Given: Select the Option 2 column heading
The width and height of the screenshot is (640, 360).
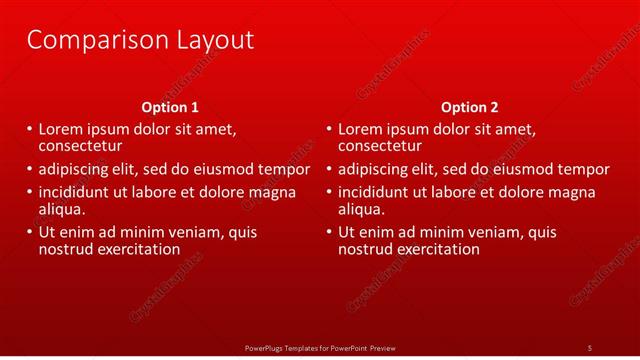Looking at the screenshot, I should click(x=469, y=107).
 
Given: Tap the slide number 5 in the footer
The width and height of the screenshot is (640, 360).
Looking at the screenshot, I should click(x=589, y=347).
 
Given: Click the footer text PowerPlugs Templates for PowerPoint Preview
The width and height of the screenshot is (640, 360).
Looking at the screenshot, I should click(x=320, y=347).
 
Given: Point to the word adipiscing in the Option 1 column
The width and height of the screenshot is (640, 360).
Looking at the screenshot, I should click(x=77, y=169).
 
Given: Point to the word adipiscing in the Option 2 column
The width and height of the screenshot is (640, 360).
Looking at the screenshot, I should click(x=377, y=169).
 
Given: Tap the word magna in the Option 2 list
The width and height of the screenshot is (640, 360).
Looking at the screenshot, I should click(x=572, y=192).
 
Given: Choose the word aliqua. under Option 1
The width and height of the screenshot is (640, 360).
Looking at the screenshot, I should click(x=62, y=209).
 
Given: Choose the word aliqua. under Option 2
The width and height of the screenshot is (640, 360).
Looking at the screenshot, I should click(x=362, y=209).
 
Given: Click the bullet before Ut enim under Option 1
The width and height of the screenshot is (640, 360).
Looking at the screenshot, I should click(x=28, y=232).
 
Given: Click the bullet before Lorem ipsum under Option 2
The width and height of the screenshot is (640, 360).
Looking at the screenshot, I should click(x=328, y=129).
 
